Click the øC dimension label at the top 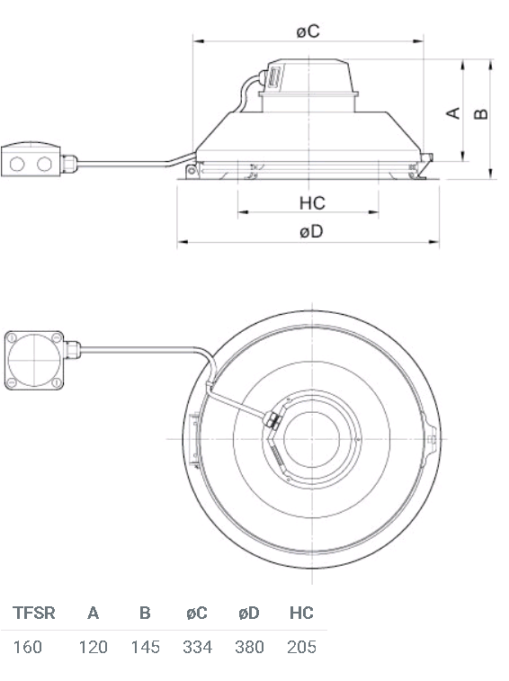tap(308, 31)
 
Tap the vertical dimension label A tap(453, 113)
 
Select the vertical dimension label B tap(481, 113)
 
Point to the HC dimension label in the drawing tap(312, 202)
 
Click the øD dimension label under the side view tap(311, 231)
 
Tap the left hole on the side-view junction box tap(17, 164)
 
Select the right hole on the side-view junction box tap(44, 164)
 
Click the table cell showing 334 tap(197, 647)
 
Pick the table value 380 tap(249, 647)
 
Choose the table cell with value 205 tap(301, 647)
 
